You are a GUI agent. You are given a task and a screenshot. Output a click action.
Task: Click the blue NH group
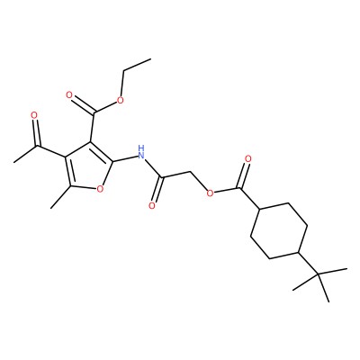point(141,152)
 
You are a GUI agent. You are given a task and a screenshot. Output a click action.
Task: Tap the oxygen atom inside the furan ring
point(100,189)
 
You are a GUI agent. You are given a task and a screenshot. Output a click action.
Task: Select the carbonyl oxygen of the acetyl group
point(34,115)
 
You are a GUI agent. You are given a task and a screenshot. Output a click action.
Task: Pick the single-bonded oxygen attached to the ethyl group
point(121,100)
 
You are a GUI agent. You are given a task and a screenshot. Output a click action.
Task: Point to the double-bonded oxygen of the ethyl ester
point(69,95)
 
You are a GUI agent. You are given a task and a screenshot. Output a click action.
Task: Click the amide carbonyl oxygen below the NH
point(152,205)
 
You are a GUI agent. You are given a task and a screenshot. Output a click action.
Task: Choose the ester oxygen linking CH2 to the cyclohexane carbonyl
point(211,193)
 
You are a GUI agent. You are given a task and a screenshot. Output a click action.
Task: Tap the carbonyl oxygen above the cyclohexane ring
point(247,158)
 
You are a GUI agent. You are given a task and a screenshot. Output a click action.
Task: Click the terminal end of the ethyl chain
point(150,59)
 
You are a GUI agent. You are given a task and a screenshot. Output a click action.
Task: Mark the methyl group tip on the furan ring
point(51,208)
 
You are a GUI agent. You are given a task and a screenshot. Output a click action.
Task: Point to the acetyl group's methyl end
point(13,162)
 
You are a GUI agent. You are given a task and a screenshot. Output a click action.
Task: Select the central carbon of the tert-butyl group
point(318,274)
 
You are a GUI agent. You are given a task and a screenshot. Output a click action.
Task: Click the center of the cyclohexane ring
point(279,230)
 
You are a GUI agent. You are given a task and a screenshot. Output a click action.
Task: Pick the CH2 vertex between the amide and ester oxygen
point(191,172)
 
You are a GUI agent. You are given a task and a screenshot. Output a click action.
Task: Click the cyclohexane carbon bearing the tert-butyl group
point(299,253)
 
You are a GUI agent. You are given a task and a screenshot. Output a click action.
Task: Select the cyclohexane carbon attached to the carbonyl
point(259,209)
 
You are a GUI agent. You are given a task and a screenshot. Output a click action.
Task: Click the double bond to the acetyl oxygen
point(35,132)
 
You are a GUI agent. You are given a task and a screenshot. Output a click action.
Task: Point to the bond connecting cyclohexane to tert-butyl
point(308,263)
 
